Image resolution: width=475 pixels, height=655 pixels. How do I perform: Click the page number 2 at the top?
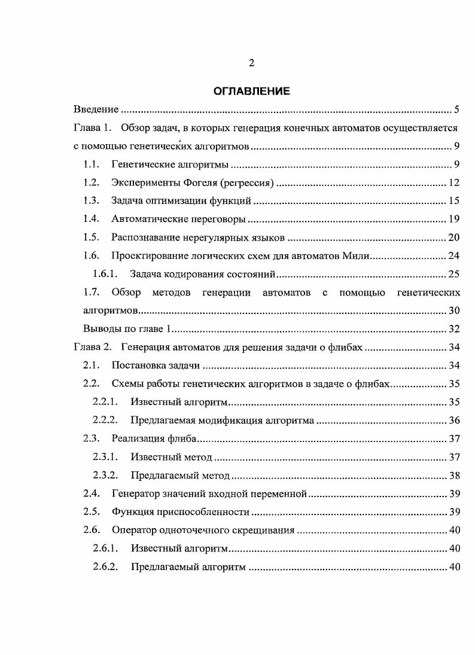coord(251,63)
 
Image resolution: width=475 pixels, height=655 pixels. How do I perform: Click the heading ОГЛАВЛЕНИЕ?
coord(251,92)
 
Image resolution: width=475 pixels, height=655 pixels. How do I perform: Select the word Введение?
coord(96,109)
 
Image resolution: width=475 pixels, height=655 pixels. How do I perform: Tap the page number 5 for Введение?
coord(456,109)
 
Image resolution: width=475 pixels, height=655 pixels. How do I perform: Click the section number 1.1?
coord(91,164)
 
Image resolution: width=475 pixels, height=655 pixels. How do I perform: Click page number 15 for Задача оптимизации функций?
coord(454,201)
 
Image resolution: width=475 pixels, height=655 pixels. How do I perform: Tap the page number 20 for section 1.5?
coord(454,238)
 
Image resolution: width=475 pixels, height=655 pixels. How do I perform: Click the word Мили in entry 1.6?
coord(359,256)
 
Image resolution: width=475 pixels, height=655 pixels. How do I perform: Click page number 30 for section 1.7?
coord(454,311)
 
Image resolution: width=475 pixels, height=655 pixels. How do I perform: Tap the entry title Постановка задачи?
coord(156,366)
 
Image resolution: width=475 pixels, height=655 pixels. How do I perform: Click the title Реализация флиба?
coord(154,439)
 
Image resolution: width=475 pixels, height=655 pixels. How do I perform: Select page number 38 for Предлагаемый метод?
coord(454,476)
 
